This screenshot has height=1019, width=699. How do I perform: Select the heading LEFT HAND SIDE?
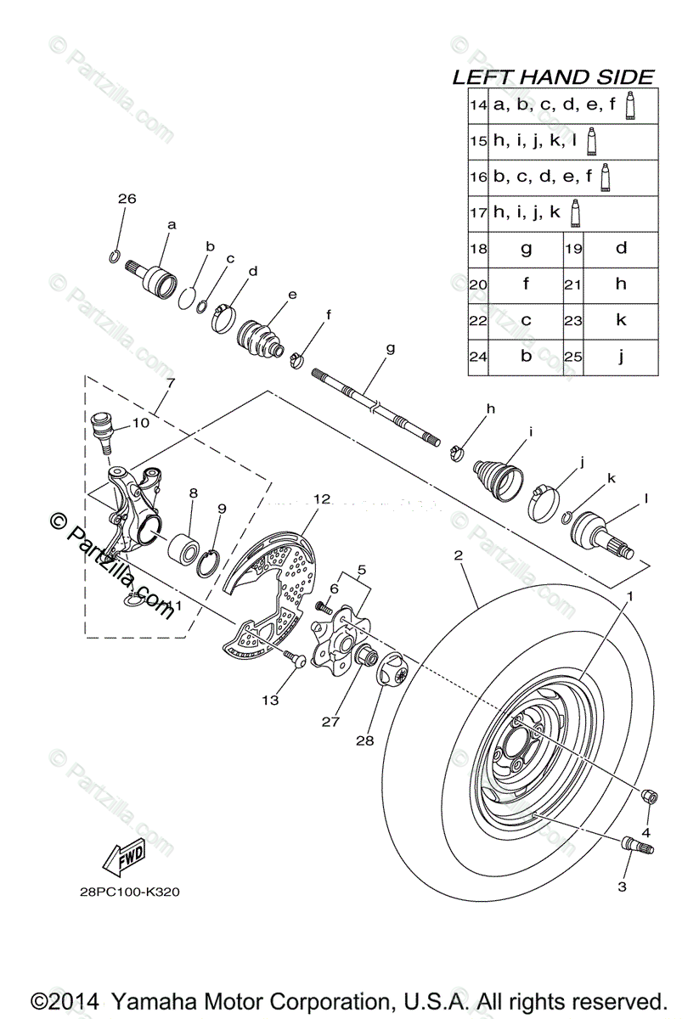click(x=553, y=77)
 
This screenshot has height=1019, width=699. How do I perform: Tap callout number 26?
click(x=127, y=199)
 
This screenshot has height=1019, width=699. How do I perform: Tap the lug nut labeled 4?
click(x=650, y=797)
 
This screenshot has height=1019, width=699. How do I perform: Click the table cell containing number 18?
click(x=477, y=249)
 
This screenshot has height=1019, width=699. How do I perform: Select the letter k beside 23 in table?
click(x=621, y=320)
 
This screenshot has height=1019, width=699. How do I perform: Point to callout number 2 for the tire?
click(x=459, y=556)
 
